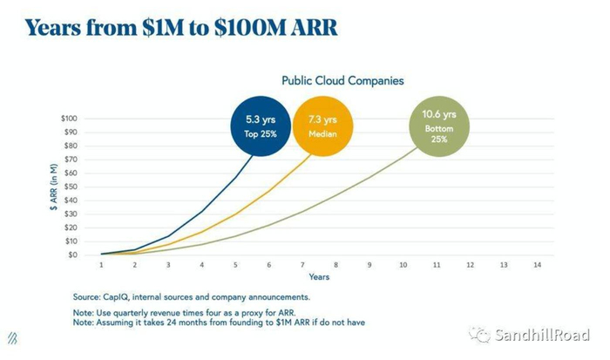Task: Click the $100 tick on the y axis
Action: pos(80,118)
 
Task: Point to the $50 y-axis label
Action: pos(82,187)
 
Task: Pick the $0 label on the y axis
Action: pos(84,255)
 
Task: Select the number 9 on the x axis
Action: pos(369,264)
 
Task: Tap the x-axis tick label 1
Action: pos(102,264)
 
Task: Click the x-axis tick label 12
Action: pos(470,264)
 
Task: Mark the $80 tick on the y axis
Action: pos(82,146)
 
